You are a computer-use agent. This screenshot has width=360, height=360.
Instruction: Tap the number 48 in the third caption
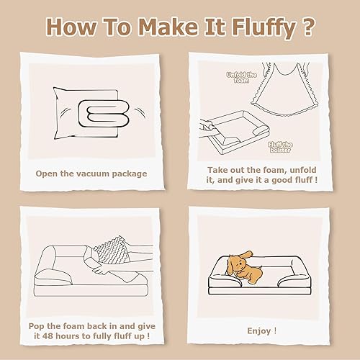pyautogui.click(x=59, y=336)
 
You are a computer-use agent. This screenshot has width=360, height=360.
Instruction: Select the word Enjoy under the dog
pyautogui.click(x=261, y=330)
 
